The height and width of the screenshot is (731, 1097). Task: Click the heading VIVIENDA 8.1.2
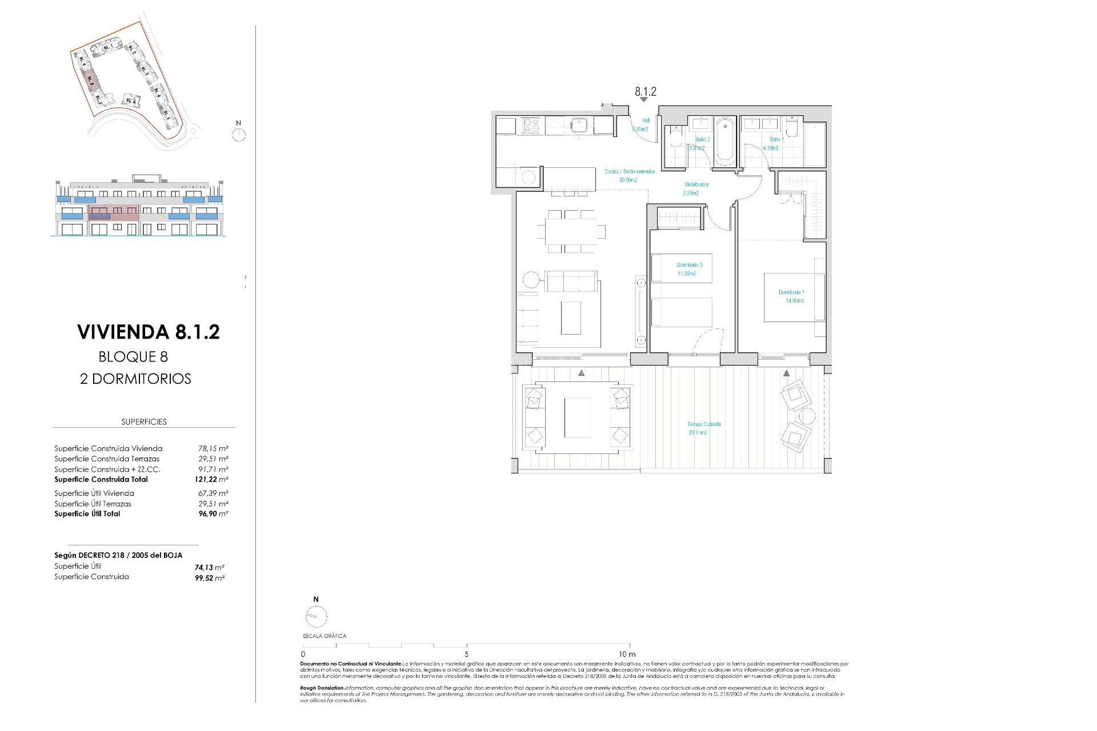148,332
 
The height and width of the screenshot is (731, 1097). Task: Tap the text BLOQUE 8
133,357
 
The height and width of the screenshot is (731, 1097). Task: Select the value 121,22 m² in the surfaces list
211,480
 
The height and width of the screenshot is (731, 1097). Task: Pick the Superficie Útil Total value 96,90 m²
213,514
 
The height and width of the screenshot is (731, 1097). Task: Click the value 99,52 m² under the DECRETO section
209,578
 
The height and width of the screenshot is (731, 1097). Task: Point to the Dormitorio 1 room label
791,296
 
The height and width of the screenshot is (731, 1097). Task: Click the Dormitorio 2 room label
689,269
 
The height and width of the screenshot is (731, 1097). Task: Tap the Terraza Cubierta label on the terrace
703,428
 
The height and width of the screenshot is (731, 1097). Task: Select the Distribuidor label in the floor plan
696,188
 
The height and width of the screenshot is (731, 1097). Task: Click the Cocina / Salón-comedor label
629,175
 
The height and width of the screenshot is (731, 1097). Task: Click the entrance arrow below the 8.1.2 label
644,100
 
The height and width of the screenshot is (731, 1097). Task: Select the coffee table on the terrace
577,417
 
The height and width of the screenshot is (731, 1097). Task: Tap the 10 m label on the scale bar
627,654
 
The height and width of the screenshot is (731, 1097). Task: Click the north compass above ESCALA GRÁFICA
316,616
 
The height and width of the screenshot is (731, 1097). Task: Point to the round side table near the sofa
531,280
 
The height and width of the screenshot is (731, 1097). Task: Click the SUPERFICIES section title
144,422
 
